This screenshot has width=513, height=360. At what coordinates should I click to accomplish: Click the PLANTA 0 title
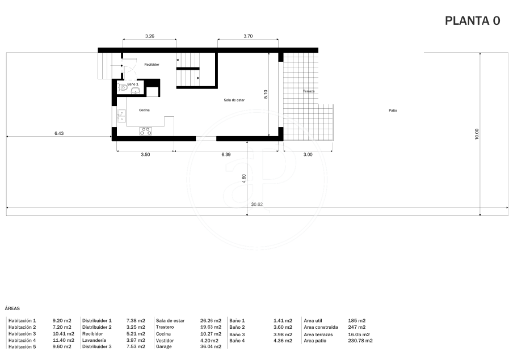473,21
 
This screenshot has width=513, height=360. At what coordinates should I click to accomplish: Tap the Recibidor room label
152,65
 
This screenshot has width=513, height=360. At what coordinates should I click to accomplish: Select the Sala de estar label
234,100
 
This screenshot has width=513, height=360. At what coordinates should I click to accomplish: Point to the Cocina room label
144,110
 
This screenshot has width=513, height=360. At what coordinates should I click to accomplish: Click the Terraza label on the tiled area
309,91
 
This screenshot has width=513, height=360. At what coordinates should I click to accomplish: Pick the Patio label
393,111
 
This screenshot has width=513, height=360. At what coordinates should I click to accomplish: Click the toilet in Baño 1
121,87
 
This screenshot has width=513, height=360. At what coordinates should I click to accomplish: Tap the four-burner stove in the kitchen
146,131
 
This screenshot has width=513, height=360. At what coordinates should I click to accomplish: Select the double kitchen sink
121,116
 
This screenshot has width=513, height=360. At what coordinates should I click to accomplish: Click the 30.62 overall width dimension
257,204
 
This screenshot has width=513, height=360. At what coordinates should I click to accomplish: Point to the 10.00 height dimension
477,134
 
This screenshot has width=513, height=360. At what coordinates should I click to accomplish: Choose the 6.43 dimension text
59,133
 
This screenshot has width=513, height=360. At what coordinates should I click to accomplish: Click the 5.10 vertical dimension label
266,95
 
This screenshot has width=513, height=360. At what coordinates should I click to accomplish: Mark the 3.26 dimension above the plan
149,36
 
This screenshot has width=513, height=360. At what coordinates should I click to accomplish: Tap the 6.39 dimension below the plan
226,155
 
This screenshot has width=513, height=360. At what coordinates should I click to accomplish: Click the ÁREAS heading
12,308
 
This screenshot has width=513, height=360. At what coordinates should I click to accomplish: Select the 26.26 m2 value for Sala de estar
211,321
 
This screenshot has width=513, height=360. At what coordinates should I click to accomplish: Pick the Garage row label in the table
164,346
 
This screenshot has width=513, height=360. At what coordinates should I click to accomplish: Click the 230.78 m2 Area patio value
360,341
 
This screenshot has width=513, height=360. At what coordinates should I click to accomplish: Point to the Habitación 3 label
22,334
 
